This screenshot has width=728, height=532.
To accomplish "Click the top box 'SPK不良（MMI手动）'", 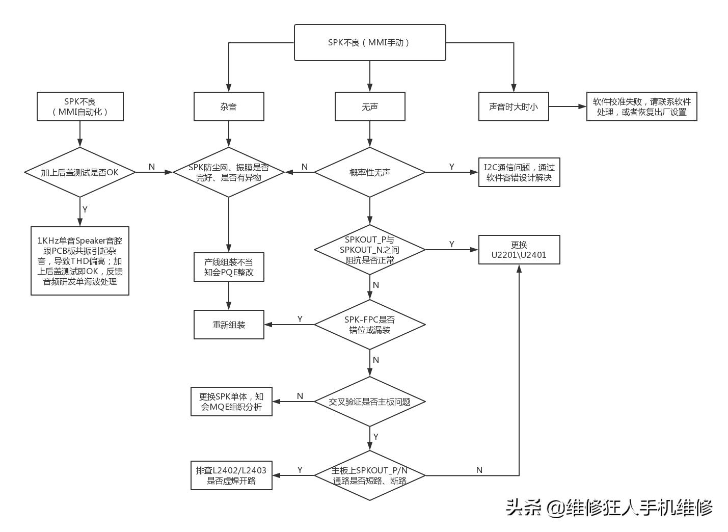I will [x=370, y=43].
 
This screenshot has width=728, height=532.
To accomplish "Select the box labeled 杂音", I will [x=229, y=107].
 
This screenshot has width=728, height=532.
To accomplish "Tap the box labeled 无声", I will [x=370, y=107].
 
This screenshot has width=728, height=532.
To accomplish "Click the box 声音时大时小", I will [x=514, y=107].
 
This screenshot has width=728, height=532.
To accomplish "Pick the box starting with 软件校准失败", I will [x=641, y=107].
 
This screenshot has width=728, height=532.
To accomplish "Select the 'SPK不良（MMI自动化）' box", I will [x=80, y=107].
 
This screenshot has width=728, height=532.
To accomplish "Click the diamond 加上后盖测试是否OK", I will [x=80, y=172].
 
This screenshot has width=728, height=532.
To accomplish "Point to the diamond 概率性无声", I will [x=370, y=172].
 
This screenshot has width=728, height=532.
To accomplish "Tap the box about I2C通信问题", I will [x=519, y=172].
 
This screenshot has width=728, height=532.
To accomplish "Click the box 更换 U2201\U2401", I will [x=519, y=250].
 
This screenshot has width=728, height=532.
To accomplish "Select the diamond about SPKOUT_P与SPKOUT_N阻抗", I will [x=370, y=250].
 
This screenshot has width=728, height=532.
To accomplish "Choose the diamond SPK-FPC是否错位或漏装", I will [x=370, y=325].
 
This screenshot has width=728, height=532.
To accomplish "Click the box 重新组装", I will [x=229, y=325].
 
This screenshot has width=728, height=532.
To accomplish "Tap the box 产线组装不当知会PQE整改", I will [x=229, y=267].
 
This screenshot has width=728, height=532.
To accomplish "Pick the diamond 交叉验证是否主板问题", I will [x=370, y=402].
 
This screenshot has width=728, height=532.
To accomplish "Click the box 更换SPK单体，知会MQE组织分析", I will [x=231, y=402].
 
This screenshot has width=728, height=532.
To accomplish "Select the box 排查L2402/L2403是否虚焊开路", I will [x=231, y=475].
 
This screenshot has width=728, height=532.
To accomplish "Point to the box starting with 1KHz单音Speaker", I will [x=80, y=261].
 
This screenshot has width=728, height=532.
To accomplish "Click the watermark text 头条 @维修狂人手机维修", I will [x=609, y=507].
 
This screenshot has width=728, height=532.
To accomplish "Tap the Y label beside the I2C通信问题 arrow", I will [x=451, y=167].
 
